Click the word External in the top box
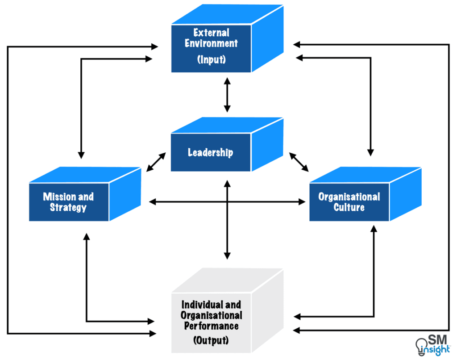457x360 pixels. (211, 33)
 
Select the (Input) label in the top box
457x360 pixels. (211, 60)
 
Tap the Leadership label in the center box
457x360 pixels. (210, 152)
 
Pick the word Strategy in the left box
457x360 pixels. (68, 208)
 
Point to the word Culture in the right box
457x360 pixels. (349, 207)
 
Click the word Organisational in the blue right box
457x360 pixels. (349, 197)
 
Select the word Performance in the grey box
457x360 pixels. (211, 326)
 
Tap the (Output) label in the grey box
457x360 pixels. (211, 340)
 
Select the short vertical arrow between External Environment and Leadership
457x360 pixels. (227, 95)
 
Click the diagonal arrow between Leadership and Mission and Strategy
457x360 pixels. (156, 162)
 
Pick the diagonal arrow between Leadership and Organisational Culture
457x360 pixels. (299, 163)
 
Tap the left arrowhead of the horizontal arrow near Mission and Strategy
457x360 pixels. (152, 202)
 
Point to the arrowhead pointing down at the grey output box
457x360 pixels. (227, 255)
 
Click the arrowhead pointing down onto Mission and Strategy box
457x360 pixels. (81, 155)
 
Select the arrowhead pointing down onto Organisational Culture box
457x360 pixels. (370, 152)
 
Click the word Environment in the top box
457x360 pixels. (211, 44)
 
